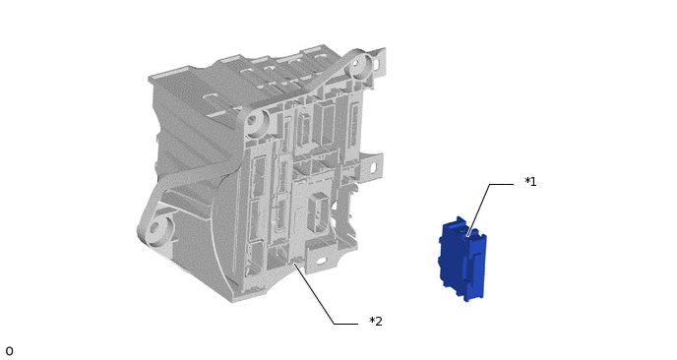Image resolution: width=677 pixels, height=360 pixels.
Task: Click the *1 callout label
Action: click(530, 182)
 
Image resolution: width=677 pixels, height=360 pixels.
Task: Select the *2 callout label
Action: click(376, 322)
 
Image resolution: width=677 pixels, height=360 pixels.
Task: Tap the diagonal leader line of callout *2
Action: click(314, 294)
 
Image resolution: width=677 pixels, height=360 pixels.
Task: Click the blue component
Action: click(462, 259)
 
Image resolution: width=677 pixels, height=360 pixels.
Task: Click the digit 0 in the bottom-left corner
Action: click(9, 351)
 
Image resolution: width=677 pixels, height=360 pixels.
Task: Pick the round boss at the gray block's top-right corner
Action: click(359, 64)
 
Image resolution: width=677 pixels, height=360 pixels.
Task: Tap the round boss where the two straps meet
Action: click(257, 120)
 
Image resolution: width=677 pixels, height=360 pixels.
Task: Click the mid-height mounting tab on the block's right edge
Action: click(373, 166)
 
